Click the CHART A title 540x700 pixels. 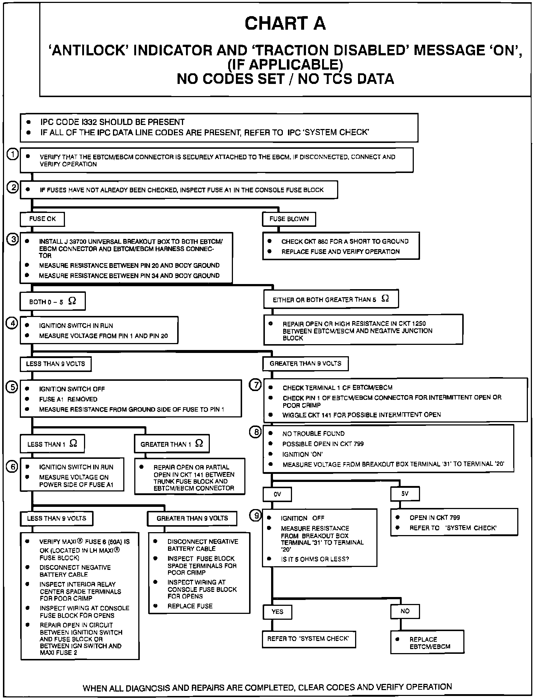285,23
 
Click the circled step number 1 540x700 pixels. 13,155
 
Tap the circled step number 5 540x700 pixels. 13,387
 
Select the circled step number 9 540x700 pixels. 256,516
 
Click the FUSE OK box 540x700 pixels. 43,219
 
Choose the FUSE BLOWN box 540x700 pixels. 289,219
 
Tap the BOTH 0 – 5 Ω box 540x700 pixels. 53,302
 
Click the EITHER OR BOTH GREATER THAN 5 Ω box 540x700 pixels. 331,299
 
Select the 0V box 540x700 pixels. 277,494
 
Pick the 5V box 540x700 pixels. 405,494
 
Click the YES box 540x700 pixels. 278,612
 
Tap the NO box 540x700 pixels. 405,611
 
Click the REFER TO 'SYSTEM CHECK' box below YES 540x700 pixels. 309,639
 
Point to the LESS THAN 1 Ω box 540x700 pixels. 52,444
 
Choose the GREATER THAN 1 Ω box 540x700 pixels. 172,444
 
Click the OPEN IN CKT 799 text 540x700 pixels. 435,517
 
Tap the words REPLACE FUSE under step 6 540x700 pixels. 190,606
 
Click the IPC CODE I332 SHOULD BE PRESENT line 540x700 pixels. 112,122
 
